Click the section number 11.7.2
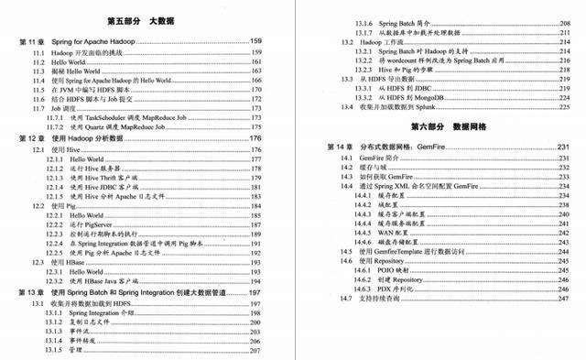59,127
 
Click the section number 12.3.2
59,281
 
